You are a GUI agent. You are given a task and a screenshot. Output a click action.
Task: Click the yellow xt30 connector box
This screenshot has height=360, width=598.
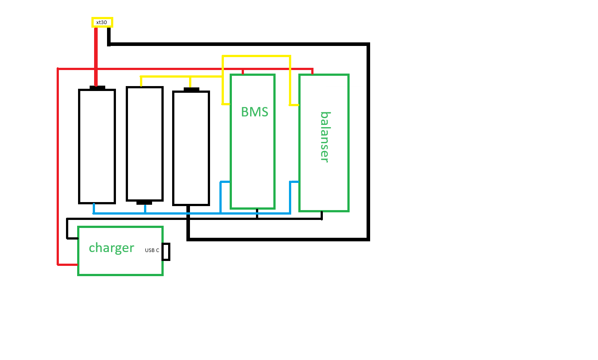[x=102, y=22]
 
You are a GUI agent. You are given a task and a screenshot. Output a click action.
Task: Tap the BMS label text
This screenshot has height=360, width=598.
[x=254, y=112]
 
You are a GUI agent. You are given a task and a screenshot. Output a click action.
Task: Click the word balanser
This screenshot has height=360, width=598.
[x=325, y=137]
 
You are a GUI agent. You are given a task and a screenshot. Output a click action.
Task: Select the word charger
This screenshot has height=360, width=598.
[x=111, y=248]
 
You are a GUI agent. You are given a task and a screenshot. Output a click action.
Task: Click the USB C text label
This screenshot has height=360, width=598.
[x=152, y=251]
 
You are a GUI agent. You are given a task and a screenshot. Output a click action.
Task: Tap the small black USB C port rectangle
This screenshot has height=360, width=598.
[x=166, y=252]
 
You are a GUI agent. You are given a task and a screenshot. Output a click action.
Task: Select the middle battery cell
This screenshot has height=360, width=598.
[x=144, y=144]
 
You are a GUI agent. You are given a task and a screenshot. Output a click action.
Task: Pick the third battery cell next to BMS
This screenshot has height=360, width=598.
[x=191, y=148]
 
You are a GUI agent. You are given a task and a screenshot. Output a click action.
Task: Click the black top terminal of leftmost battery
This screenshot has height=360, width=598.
[x=97, y=87]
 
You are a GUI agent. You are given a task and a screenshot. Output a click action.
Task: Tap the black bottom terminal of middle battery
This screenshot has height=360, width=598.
[x=144, y=203]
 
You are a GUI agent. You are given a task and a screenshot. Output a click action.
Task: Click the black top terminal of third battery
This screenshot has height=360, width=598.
[x=191, y=89]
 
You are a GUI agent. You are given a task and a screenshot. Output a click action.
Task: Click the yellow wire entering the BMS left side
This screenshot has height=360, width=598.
[x=226, y=104]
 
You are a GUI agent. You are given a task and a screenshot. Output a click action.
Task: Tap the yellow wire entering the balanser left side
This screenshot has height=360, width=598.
[x=294, y=105]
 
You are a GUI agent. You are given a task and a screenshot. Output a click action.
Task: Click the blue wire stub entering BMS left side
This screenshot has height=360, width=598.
[x=225, y=182]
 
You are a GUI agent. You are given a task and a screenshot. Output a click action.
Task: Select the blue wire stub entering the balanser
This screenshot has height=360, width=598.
[x=294, y=182]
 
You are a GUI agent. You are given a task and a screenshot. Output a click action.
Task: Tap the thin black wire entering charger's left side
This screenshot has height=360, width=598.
[x=72, y=238]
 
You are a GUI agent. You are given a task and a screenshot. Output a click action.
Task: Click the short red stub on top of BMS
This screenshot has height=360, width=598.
[x=243, y=71]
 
